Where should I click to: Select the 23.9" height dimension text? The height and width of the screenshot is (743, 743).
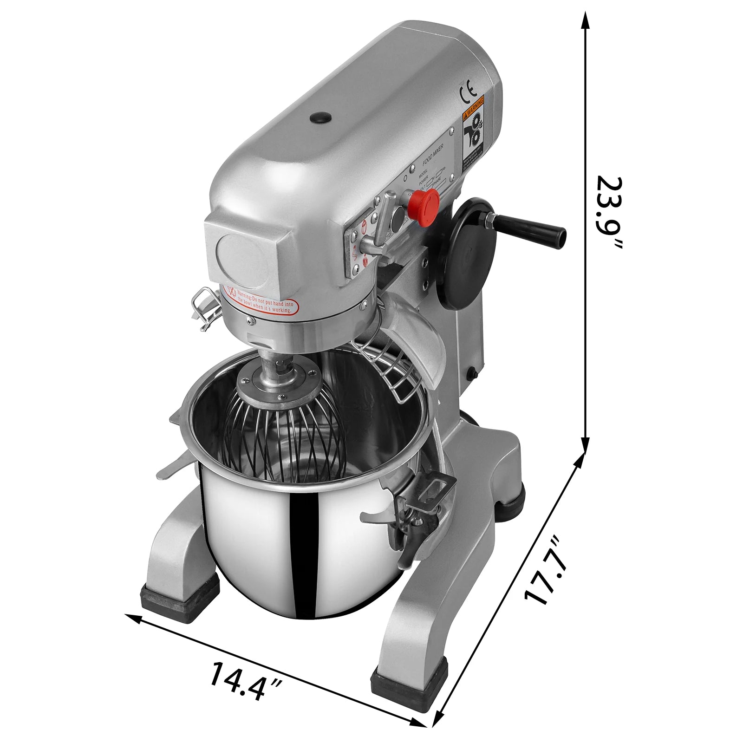(609, 212)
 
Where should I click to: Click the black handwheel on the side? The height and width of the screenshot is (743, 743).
(469, 253)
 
